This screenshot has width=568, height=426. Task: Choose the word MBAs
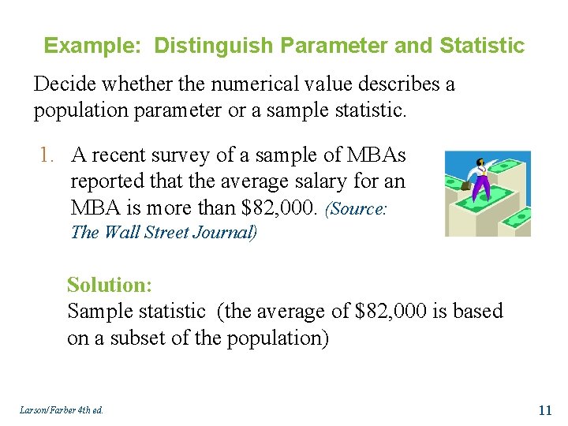coord(377,156)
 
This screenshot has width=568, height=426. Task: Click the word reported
coord(107,181)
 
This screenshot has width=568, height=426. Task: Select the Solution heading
coord(109,284)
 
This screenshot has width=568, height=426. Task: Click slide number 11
coord(544,409)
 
